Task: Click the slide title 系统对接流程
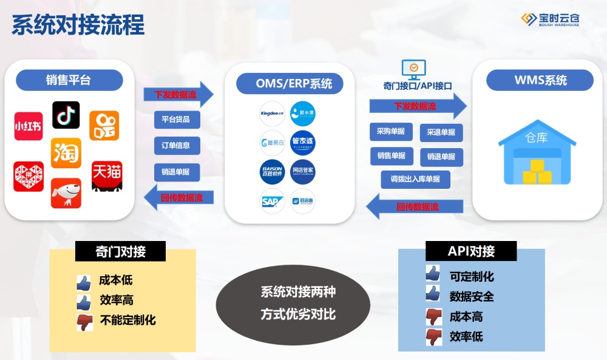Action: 78,25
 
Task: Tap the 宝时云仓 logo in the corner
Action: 550,19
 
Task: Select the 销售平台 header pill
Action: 69,80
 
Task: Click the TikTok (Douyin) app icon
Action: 66,115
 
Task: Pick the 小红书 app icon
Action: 29,126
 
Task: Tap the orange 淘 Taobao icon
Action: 66,153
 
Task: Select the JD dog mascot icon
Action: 66,192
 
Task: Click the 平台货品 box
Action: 176,120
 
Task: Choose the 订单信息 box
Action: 176,146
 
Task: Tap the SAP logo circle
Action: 272,201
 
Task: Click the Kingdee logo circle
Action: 272,114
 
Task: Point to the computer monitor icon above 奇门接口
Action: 413,69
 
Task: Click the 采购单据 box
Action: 391,132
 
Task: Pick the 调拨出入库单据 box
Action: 416,180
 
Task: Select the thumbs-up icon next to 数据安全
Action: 432,294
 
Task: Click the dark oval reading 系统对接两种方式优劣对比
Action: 293,304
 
